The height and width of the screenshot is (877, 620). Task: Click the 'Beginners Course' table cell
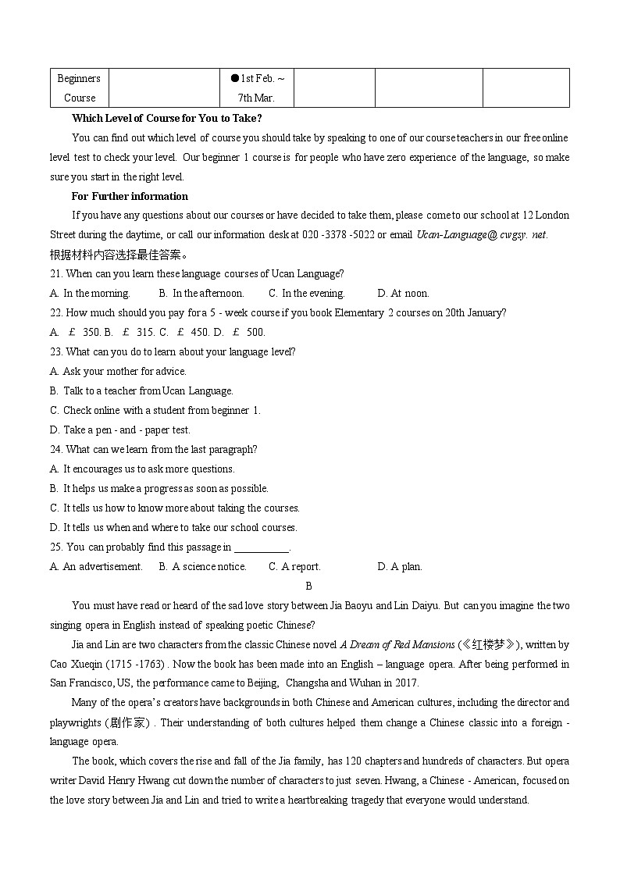79,87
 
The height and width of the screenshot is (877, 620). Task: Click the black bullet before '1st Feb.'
234,78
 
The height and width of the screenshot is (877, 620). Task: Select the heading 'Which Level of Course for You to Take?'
166,118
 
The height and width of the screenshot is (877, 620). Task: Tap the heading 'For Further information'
130,196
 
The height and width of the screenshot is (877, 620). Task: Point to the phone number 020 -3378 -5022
338,234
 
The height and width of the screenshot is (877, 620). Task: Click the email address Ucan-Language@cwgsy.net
482,234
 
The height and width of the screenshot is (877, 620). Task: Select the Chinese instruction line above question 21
119,255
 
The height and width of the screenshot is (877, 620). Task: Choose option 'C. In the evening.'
306,294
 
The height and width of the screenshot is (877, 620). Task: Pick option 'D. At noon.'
403,294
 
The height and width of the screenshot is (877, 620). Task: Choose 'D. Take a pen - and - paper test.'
120,430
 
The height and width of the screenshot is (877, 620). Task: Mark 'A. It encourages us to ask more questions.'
142,469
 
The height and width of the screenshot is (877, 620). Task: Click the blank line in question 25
262,548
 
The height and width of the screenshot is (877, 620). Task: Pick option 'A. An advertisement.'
96,567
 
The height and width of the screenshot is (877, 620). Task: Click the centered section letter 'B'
308,586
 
